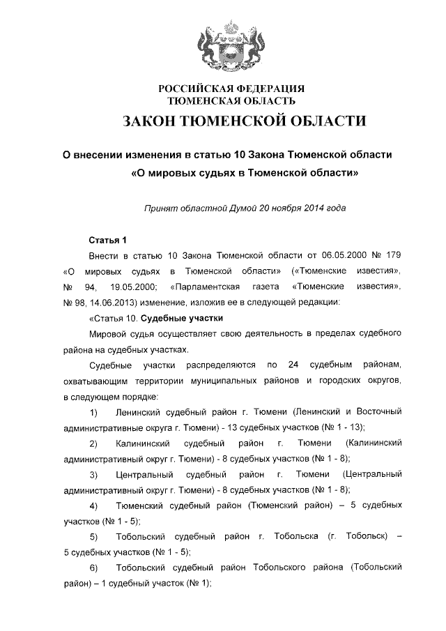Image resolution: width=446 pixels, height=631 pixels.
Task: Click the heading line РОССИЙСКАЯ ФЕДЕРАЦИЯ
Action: point(231,89)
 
